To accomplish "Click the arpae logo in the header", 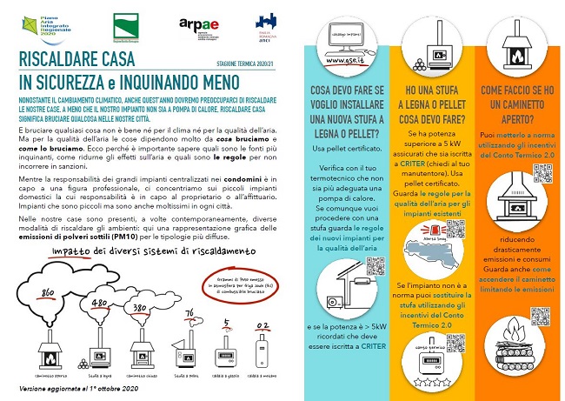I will [x=216, y=24].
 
